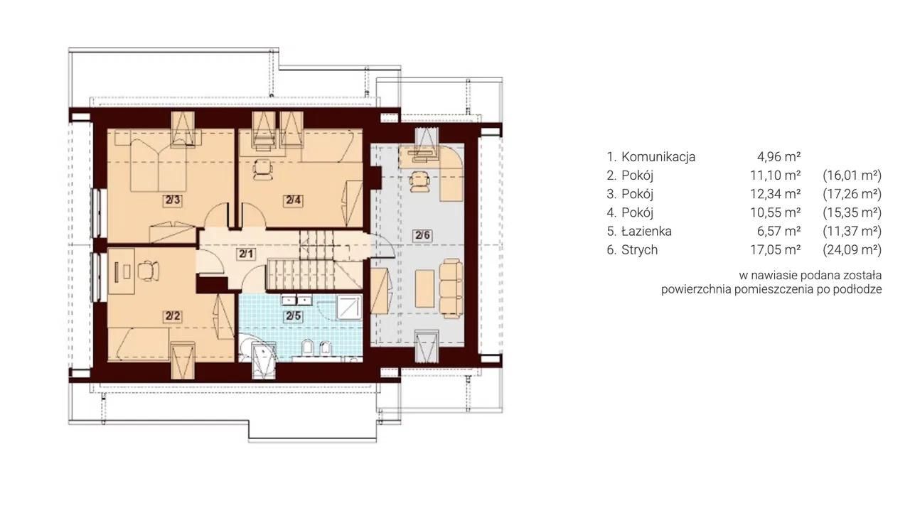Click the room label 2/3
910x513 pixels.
(x=172, y=200)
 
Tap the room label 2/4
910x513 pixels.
(x=294, y=200)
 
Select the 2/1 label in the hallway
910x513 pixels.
(x=246, y=254)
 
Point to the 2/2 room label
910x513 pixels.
(x=172, y=315)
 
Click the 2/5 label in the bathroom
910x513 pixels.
(x=293, y=315)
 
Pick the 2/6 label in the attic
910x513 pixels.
(x=422, y=235)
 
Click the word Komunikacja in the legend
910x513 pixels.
(x=658, y=156)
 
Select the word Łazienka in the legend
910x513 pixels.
(x=646, y=232)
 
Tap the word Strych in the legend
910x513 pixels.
(x=639, y=250)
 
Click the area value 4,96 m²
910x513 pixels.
(x=778, y=156)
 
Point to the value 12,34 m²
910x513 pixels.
(x=775, y=194)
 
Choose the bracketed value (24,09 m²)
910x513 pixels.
(x=852, y=250)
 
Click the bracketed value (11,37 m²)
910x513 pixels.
(x=852, y=232)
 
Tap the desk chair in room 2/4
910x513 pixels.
(x=263, y=169)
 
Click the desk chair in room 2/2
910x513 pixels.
(x=148, y=271)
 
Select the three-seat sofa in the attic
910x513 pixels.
(x=451, y=288)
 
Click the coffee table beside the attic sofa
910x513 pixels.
(x=424, y=288)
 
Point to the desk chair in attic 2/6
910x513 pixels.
(x=419, y=181)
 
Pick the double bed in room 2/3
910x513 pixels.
(x=159, y=166)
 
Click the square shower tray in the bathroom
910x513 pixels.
(x=349, y=307)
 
